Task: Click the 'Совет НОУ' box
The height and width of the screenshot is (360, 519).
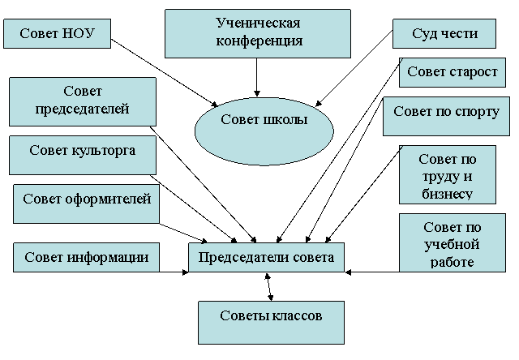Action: [x=57, y=34]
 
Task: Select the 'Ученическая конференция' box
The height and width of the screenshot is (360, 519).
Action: [x=258, y=33]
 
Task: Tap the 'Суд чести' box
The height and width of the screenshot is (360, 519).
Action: [x=444, y=34]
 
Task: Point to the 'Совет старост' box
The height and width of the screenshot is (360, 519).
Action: [x=453, y=72]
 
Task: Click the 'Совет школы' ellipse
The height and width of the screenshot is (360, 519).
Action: [x=264, y=130]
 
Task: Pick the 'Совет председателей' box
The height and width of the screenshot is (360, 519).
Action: [x=83, y=101]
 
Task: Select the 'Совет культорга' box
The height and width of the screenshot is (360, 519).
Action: [x=83, y=155]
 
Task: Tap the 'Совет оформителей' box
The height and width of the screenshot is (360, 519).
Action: [x=87, y=203]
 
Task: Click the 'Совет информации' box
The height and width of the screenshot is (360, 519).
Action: [x=86, y=258]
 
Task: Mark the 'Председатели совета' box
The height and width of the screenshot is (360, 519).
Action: [x=266, y=258]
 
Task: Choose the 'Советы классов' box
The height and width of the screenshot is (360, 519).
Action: [x=271, y=322]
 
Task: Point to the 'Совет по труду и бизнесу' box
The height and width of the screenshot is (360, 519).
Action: [x=447, y=175]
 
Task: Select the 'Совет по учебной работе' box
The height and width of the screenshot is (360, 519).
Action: [x=452, y=243]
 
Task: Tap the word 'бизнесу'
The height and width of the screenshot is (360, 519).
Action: [x=447, y=193]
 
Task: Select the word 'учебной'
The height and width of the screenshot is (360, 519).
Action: [x=452, y=244]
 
